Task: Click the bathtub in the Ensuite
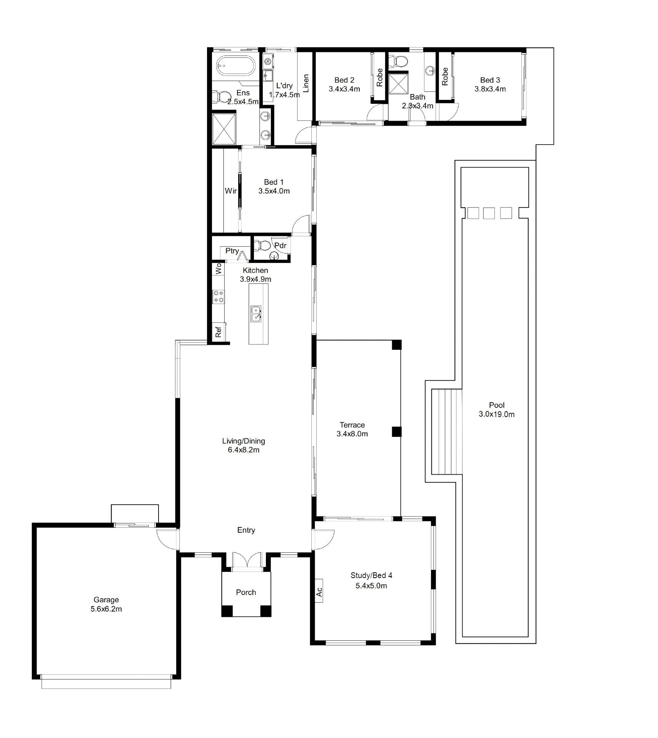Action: [x=235, y=66]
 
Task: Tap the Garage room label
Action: [x=106, y=600]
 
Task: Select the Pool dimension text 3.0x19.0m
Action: [x=496, y=414]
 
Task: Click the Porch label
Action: [x=246, y=592]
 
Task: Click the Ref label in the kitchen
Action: [x=218, y=331]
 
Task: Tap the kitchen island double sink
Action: [x=256, y=314]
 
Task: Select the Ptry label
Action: [x=232, y=251]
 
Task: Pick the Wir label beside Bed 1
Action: [x=231, y=191]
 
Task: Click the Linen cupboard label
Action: [x=306, y=83]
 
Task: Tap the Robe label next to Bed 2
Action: [x=379, y=77]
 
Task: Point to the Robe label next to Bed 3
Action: [x=445, y=76]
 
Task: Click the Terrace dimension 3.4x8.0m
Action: [x=352, y=434]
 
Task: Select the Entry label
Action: [x=246, y=530]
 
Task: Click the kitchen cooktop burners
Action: [x=219, y=296]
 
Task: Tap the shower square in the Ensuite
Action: [x=224, y=128]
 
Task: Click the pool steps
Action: [x=446, y=432]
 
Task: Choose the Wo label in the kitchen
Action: [x=218, y=268]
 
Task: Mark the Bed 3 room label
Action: [x=490, y=80]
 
